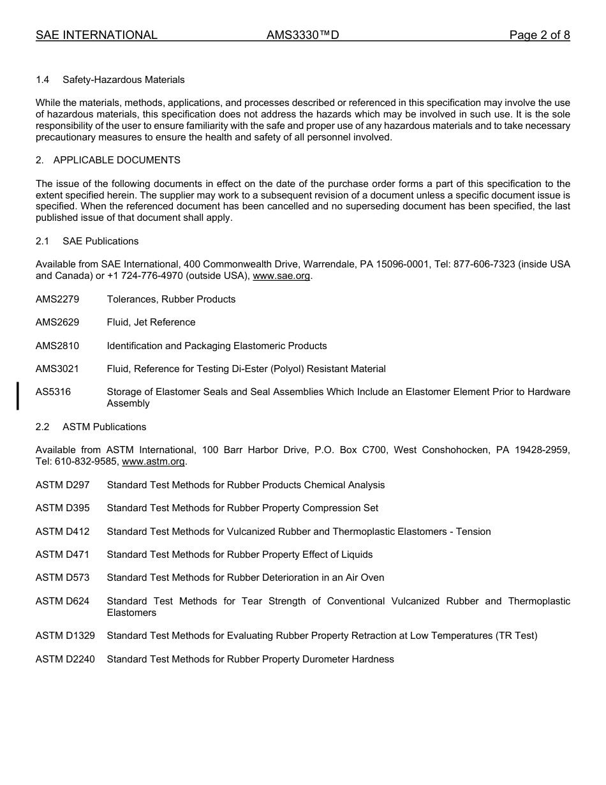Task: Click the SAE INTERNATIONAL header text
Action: (96, 35)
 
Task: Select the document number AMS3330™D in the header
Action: (302, 35)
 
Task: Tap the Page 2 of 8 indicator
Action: (539, 35)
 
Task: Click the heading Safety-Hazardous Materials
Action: (124, 80)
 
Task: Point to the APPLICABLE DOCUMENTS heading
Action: (117, 160)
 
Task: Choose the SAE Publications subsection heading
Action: (100, 241)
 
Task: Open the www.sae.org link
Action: (281, 276)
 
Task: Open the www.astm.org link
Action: (153, 461)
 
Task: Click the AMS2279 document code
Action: (57, 299)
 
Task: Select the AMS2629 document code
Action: (57, 322)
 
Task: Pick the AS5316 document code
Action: (53, 392)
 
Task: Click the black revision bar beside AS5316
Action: (18, 396)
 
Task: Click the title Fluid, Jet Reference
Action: (151, 322)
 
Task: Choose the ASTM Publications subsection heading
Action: (104, 427)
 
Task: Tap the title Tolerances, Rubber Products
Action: (171, 299)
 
